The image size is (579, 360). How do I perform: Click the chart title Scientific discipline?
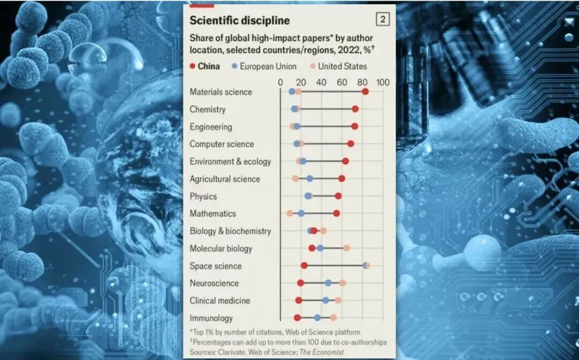[x=240, y=21]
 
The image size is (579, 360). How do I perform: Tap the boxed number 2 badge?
[x=382, y=20]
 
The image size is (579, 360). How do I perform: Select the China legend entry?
[x=204, y=66]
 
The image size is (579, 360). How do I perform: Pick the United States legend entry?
[x=338, y=66]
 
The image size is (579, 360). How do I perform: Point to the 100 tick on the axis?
[x=382, y=82]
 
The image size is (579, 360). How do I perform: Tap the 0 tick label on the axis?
[x=280, y=82]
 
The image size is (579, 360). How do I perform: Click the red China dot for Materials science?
[x=365, y=92]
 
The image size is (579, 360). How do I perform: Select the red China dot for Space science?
[x=304, y=266]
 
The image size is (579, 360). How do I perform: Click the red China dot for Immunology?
[x=298, y=318]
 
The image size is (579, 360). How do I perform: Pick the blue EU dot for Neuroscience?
[x=328, y=283]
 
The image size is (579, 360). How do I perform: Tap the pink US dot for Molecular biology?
[x=346, y=248]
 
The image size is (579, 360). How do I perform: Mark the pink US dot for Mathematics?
[x=290, y=213]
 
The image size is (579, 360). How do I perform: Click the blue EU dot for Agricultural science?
[x=309, y=178]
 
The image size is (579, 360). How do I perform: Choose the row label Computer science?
[x=222, y=144]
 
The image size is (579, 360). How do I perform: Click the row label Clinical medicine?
[x=220, y=301]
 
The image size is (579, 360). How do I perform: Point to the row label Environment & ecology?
[x=231, y=161]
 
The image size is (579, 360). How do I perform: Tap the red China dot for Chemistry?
[x=355, y=109]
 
